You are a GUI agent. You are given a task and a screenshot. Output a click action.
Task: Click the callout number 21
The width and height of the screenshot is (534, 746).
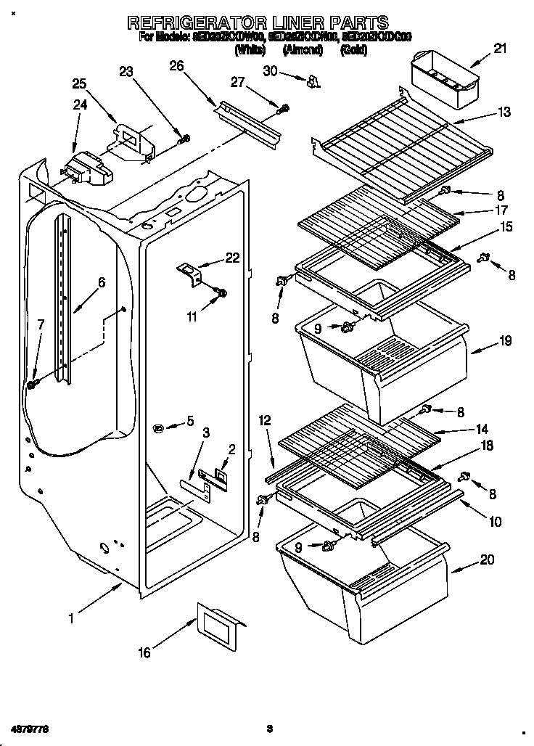[x=501, y=49]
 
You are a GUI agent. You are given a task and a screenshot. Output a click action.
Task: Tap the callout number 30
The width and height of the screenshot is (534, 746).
[x=270, y=70]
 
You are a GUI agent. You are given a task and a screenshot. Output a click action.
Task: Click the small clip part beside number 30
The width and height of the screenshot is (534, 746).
[x=313, y=81]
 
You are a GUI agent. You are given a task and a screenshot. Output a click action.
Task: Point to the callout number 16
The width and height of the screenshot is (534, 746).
[x=144, y=652]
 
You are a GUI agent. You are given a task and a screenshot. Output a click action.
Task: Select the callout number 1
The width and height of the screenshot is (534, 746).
[x=71, y=619]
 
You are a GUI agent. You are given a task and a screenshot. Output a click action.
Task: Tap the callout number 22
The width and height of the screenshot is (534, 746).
[x=232, y=258]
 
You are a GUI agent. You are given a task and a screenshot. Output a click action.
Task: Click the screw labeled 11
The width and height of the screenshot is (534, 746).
[x=221, y=293]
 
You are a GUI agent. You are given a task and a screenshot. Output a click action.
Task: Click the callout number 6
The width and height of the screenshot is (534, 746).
[x=102, y=283]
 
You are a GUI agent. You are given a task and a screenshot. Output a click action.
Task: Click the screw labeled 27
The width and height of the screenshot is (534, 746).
[x=284, y=109]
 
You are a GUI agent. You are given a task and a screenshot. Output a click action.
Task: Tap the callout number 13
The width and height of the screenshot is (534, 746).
[x=504, y=112]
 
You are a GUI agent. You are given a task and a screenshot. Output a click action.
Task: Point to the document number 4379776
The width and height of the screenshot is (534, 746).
[x=30, y=727]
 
